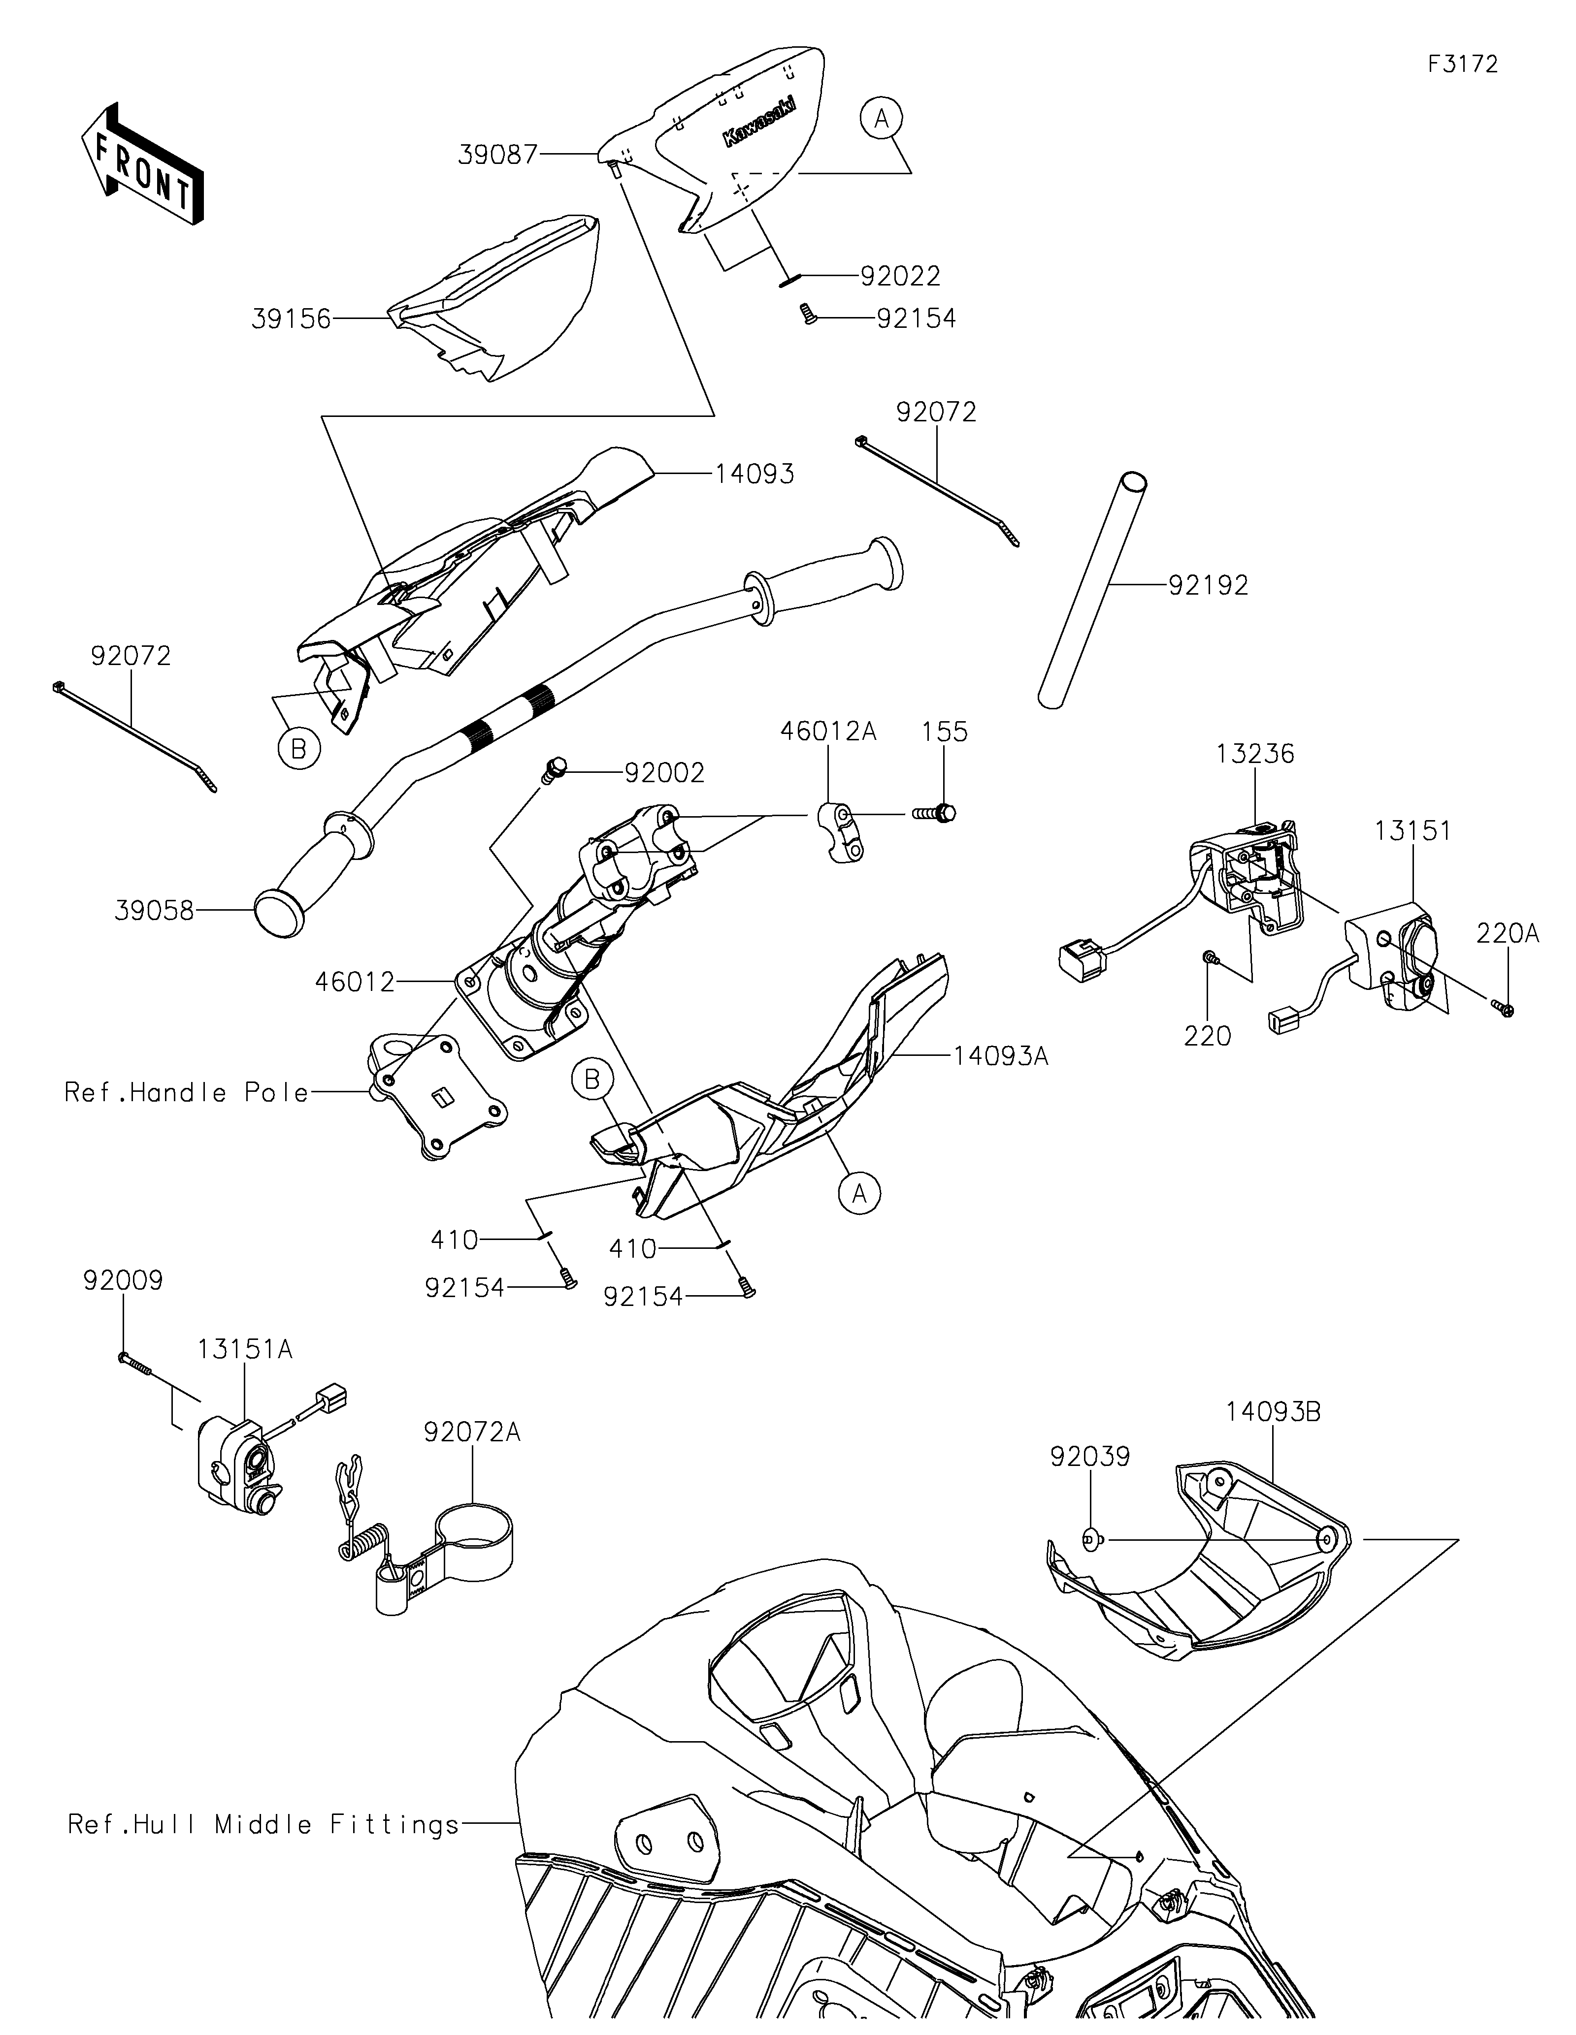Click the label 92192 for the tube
pyautogui.click(x=1209, y=585)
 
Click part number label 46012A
pyautogui.click(x=828, y=731)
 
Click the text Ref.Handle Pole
pyautogui.click(x=186, y=1092)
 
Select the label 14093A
pyautogui.click(x=1001, y=1056)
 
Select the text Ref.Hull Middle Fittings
pyautogui.click(x=264, y=1823)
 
